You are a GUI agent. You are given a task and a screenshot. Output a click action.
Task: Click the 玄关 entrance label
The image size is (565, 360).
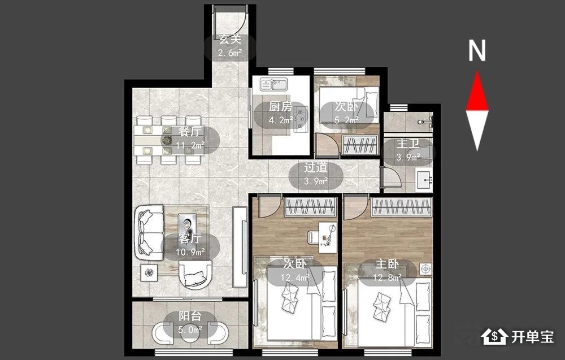coord(231,38)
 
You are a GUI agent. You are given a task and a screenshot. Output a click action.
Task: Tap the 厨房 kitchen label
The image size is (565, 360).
coord(280,106)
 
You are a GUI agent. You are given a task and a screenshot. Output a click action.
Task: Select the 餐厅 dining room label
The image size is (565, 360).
coord(190,132)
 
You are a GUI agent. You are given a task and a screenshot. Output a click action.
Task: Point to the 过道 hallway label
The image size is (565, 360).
coord(316,167)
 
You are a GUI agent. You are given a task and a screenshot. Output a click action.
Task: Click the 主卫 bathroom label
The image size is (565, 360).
coord(408,144)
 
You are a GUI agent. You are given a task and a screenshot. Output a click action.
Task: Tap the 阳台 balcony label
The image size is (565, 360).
coord(190,316)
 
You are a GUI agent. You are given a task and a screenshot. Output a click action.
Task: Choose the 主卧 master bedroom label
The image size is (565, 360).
coord(388,264)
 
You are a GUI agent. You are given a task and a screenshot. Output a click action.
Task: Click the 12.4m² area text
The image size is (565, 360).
coord(295,277)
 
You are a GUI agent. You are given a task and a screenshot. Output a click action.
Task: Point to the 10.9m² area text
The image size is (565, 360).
coord(190,252)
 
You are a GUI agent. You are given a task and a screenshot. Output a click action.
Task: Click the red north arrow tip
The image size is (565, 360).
coord(477,71)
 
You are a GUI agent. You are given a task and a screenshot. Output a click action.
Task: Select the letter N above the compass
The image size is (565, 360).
coord(477,50)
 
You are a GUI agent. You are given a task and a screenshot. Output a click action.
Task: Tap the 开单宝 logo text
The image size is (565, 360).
coord(533,337)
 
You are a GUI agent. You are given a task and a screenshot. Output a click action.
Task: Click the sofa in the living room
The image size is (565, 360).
coord(149,233)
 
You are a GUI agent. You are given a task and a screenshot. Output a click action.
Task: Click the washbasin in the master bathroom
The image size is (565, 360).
coord(424,179)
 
